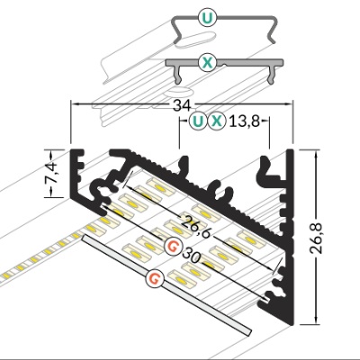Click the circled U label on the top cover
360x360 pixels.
point(207,18)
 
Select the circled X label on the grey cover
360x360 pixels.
point(207,63)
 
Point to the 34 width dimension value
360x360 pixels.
point(182,105)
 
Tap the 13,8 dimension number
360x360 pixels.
point(244,121)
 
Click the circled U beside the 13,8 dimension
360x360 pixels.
point(198,121)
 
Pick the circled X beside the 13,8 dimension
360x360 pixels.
point(217,121)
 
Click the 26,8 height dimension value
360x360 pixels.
point(316,238)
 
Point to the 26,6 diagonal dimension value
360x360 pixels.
point(196,225)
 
